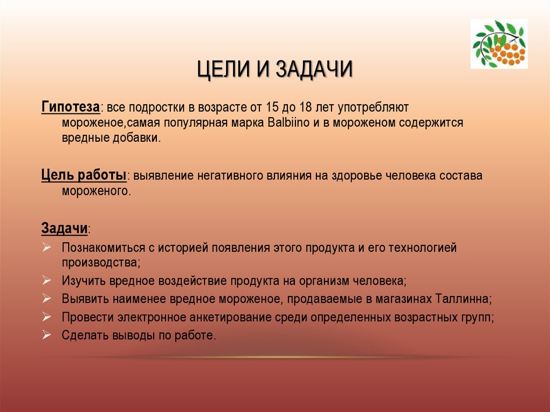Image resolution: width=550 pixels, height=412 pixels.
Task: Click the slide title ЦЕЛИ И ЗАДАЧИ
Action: [274, 69]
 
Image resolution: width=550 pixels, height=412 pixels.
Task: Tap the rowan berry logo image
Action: [499, 44]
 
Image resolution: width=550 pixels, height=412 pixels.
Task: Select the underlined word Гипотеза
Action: [70, 107]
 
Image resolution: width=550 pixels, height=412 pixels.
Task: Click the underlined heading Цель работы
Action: [84, 176]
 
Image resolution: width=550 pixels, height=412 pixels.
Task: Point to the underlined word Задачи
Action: [64, 228]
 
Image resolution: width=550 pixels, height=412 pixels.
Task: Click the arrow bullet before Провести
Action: [47, 317]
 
